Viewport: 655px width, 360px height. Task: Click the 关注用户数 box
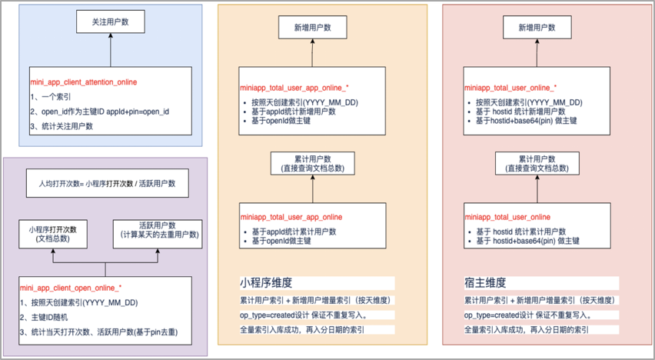point(111,22)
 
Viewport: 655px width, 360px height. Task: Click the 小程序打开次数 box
point(58,233)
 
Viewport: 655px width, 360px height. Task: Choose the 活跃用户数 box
point(159,233)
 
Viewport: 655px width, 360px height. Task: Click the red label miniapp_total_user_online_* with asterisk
point(510,88)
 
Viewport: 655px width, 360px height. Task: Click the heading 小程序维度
point(266,282)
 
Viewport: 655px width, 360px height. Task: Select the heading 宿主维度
point(485,282)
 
